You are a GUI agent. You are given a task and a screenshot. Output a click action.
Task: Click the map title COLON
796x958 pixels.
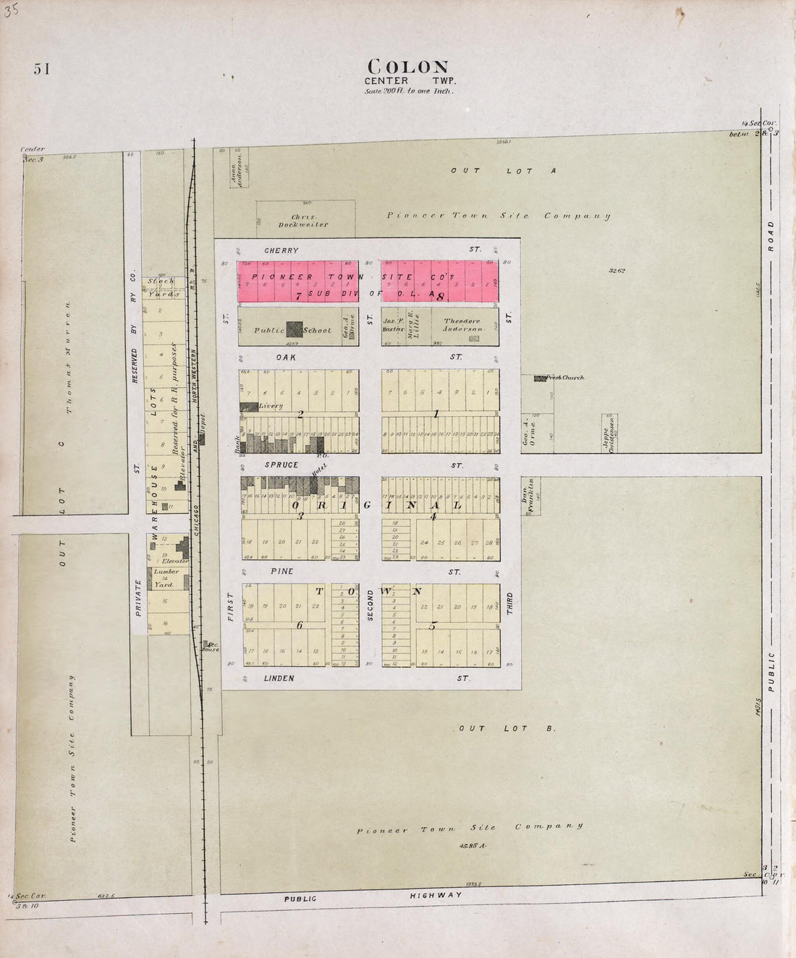(408, 67)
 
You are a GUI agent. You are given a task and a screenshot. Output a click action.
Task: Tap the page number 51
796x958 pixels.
(41, 69)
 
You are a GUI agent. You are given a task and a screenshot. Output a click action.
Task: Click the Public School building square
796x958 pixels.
(294, 329)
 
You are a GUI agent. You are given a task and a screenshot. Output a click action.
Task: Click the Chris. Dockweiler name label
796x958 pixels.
(310, 220)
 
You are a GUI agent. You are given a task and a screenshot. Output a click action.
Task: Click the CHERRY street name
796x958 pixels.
(281, 250)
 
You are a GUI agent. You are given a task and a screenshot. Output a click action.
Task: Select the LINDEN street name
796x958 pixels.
(279, 678)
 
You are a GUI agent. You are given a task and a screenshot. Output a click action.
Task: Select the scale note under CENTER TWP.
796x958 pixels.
(409, 92)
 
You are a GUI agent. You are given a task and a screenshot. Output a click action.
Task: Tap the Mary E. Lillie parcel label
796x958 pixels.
(411, 325)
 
